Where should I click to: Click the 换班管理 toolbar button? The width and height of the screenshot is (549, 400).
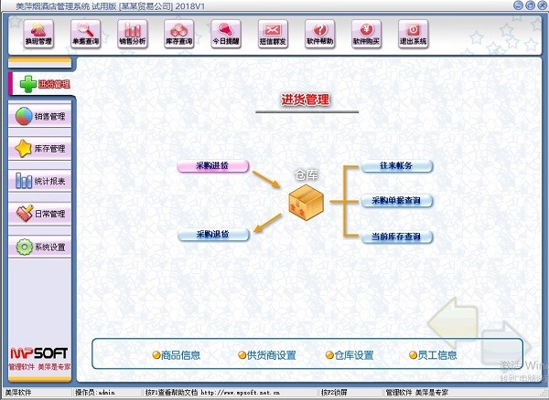point(39,35)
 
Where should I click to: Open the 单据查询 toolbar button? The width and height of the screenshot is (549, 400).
point(87,35)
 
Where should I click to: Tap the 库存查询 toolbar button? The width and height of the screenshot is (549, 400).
point(180,35)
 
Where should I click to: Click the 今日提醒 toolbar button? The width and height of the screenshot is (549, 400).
point(226,35)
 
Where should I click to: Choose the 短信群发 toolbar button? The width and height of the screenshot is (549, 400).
point(273,35)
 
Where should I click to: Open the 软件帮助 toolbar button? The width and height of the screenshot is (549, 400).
point(319,35)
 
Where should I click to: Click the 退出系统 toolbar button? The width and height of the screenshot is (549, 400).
point(413,35)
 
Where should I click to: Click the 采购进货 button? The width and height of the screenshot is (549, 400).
point(213,166)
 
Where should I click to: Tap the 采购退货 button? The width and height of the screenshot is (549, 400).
point(213,236)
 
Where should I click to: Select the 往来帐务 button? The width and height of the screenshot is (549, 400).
point(396,166)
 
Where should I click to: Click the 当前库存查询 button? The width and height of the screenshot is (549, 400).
point(396,237)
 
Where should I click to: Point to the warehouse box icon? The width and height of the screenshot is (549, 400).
point(306,202)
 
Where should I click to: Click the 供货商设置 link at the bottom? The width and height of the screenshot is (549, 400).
point(266,355)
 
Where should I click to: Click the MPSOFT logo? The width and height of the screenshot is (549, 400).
point(38,352)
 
